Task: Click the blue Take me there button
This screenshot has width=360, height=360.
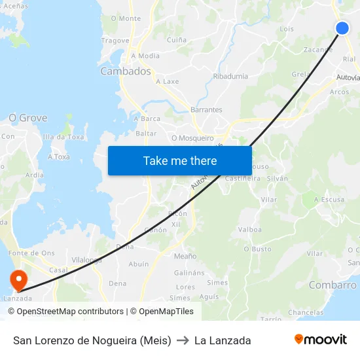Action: pos(180,160)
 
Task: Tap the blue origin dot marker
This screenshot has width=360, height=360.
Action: pos(342,27)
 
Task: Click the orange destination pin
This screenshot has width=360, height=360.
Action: pos(18,280)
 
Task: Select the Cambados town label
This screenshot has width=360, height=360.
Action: pos(125,71)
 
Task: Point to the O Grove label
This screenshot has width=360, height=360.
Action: pos(27,118)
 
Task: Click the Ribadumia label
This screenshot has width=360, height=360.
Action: pos(230,76)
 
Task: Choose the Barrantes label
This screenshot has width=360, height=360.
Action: pos(206,110)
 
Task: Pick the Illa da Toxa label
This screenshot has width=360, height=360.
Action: pos(63,137)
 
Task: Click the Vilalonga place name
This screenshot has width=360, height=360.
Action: pos(86,260)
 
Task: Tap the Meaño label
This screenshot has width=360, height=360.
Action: pos(185,256)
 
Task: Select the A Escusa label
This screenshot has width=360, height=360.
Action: pos(329,199)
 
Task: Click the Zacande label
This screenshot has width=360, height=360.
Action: pos(318,49)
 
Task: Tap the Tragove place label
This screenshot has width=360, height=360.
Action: pos(115,41)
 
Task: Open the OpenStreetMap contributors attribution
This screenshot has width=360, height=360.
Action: pos(70,312)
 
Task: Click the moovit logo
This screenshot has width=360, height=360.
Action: pos(321,340)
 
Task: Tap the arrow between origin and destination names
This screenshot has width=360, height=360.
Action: pos(183,340)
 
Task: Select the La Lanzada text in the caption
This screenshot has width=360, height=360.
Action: pos(223,340)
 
